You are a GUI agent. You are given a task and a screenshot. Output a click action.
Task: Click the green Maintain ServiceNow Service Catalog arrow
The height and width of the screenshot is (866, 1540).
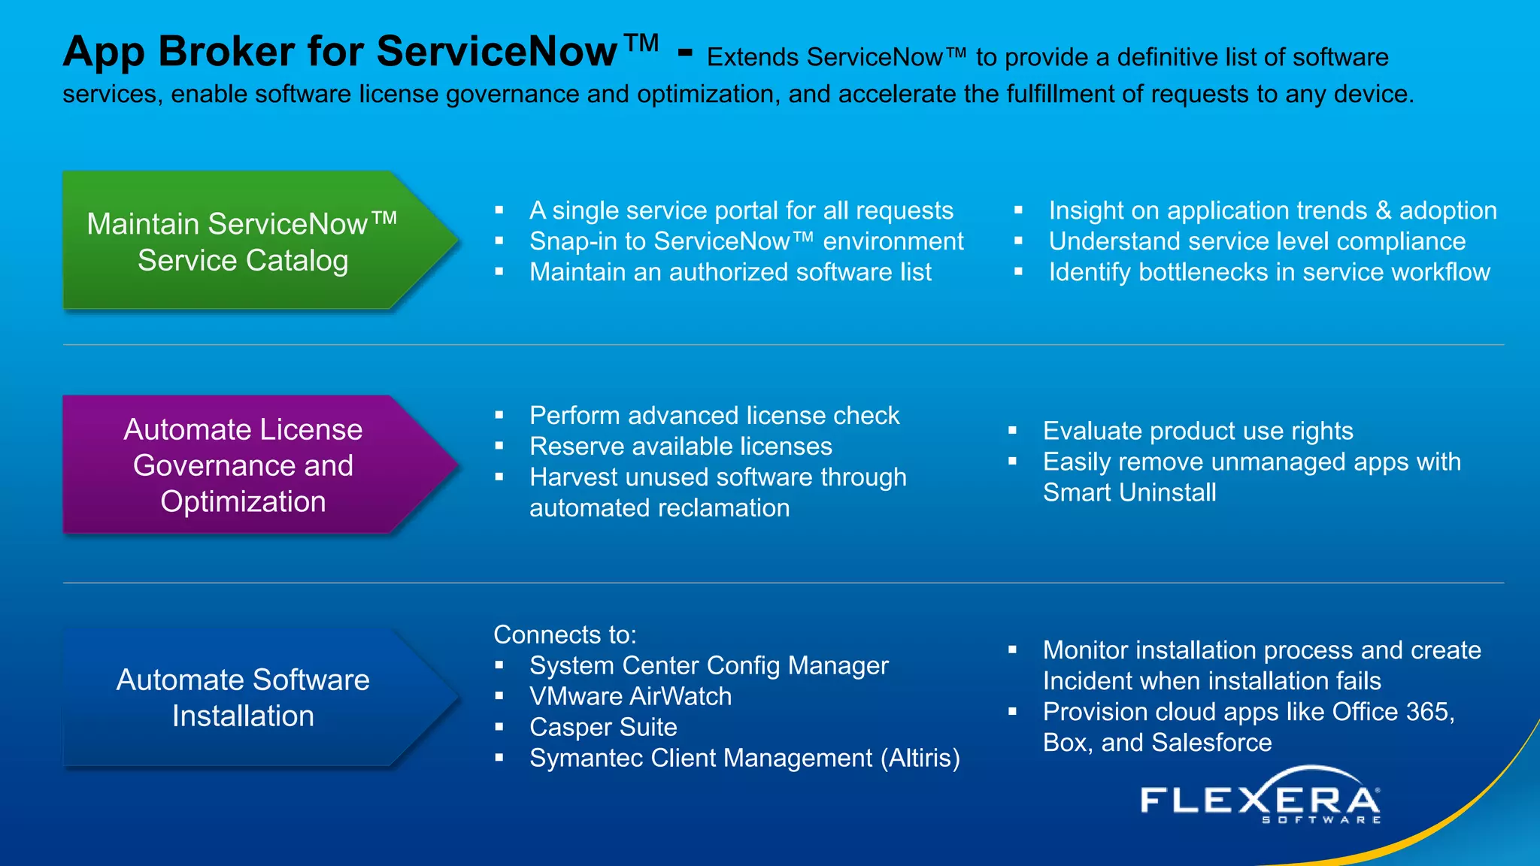click(248, 241)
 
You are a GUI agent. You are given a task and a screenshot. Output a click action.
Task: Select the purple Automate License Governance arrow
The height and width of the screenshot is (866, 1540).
click(248, 465)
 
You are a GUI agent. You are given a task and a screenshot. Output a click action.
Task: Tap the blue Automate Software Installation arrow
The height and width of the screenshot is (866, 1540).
click(248, 698)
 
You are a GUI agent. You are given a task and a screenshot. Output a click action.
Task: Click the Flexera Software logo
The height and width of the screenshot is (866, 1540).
click(1260, 798)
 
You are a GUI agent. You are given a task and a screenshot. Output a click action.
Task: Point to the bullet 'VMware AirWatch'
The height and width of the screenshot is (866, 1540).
click(630, 696)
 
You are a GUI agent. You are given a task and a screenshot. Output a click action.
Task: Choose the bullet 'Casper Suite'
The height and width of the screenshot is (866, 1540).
click(603, 727)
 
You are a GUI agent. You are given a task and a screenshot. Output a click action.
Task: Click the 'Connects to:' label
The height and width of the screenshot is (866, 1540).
click(565, 634)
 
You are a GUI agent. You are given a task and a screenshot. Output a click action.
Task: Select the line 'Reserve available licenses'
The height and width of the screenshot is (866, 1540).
click(681, 447)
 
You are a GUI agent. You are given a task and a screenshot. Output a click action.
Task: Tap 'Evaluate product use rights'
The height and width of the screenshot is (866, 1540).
click(1198, 431)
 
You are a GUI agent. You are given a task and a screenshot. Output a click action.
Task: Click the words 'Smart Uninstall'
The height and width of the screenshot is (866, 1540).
click(1129, 492)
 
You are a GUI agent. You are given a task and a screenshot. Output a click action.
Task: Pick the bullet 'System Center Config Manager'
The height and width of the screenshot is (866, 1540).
click(708, 665)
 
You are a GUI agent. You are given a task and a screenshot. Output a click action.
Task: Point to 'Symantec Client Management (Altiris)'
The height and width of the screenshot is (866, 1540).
click(744, 758)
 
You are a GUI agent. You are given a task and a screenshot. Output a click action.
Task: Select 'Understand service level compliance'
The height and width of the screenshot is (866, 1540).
click(1257, 241)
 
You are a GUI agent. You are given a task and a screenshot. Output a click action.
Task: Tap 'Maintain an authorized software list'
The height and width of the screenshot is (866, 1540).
click(730, 272)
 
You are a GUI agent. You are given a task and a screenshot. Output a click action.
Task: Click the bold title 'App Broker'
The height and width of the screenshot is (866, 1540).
click(179, 52)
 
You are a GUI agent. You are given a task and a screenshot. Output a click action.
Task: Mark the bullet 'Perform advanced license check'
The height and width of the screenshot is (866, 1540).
click(714, 416)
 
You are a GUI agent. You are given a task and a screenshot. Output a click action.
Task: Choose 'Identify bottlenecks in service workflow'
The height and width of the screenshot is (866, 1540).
click(1269, 272)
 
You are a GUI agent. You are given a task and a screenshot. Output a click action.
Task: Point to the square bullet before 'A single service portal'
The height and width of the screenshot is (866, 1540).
click(499, 210)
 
